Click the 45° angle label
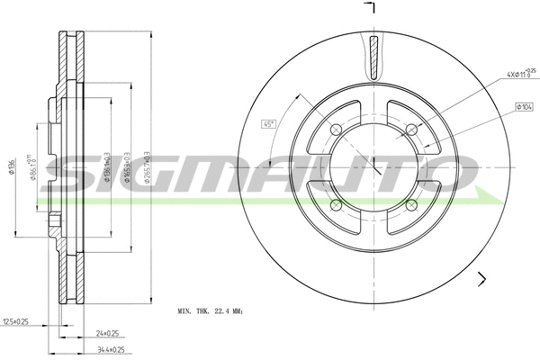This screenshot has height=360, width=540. click(267, 124)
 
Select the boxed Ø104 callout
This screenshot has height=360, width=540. click(523, 107)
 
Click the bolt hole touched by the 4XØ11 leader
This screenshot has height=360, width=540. click(412, 127)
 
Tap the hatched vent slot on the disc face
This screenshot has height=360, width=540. click(373, 57)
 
